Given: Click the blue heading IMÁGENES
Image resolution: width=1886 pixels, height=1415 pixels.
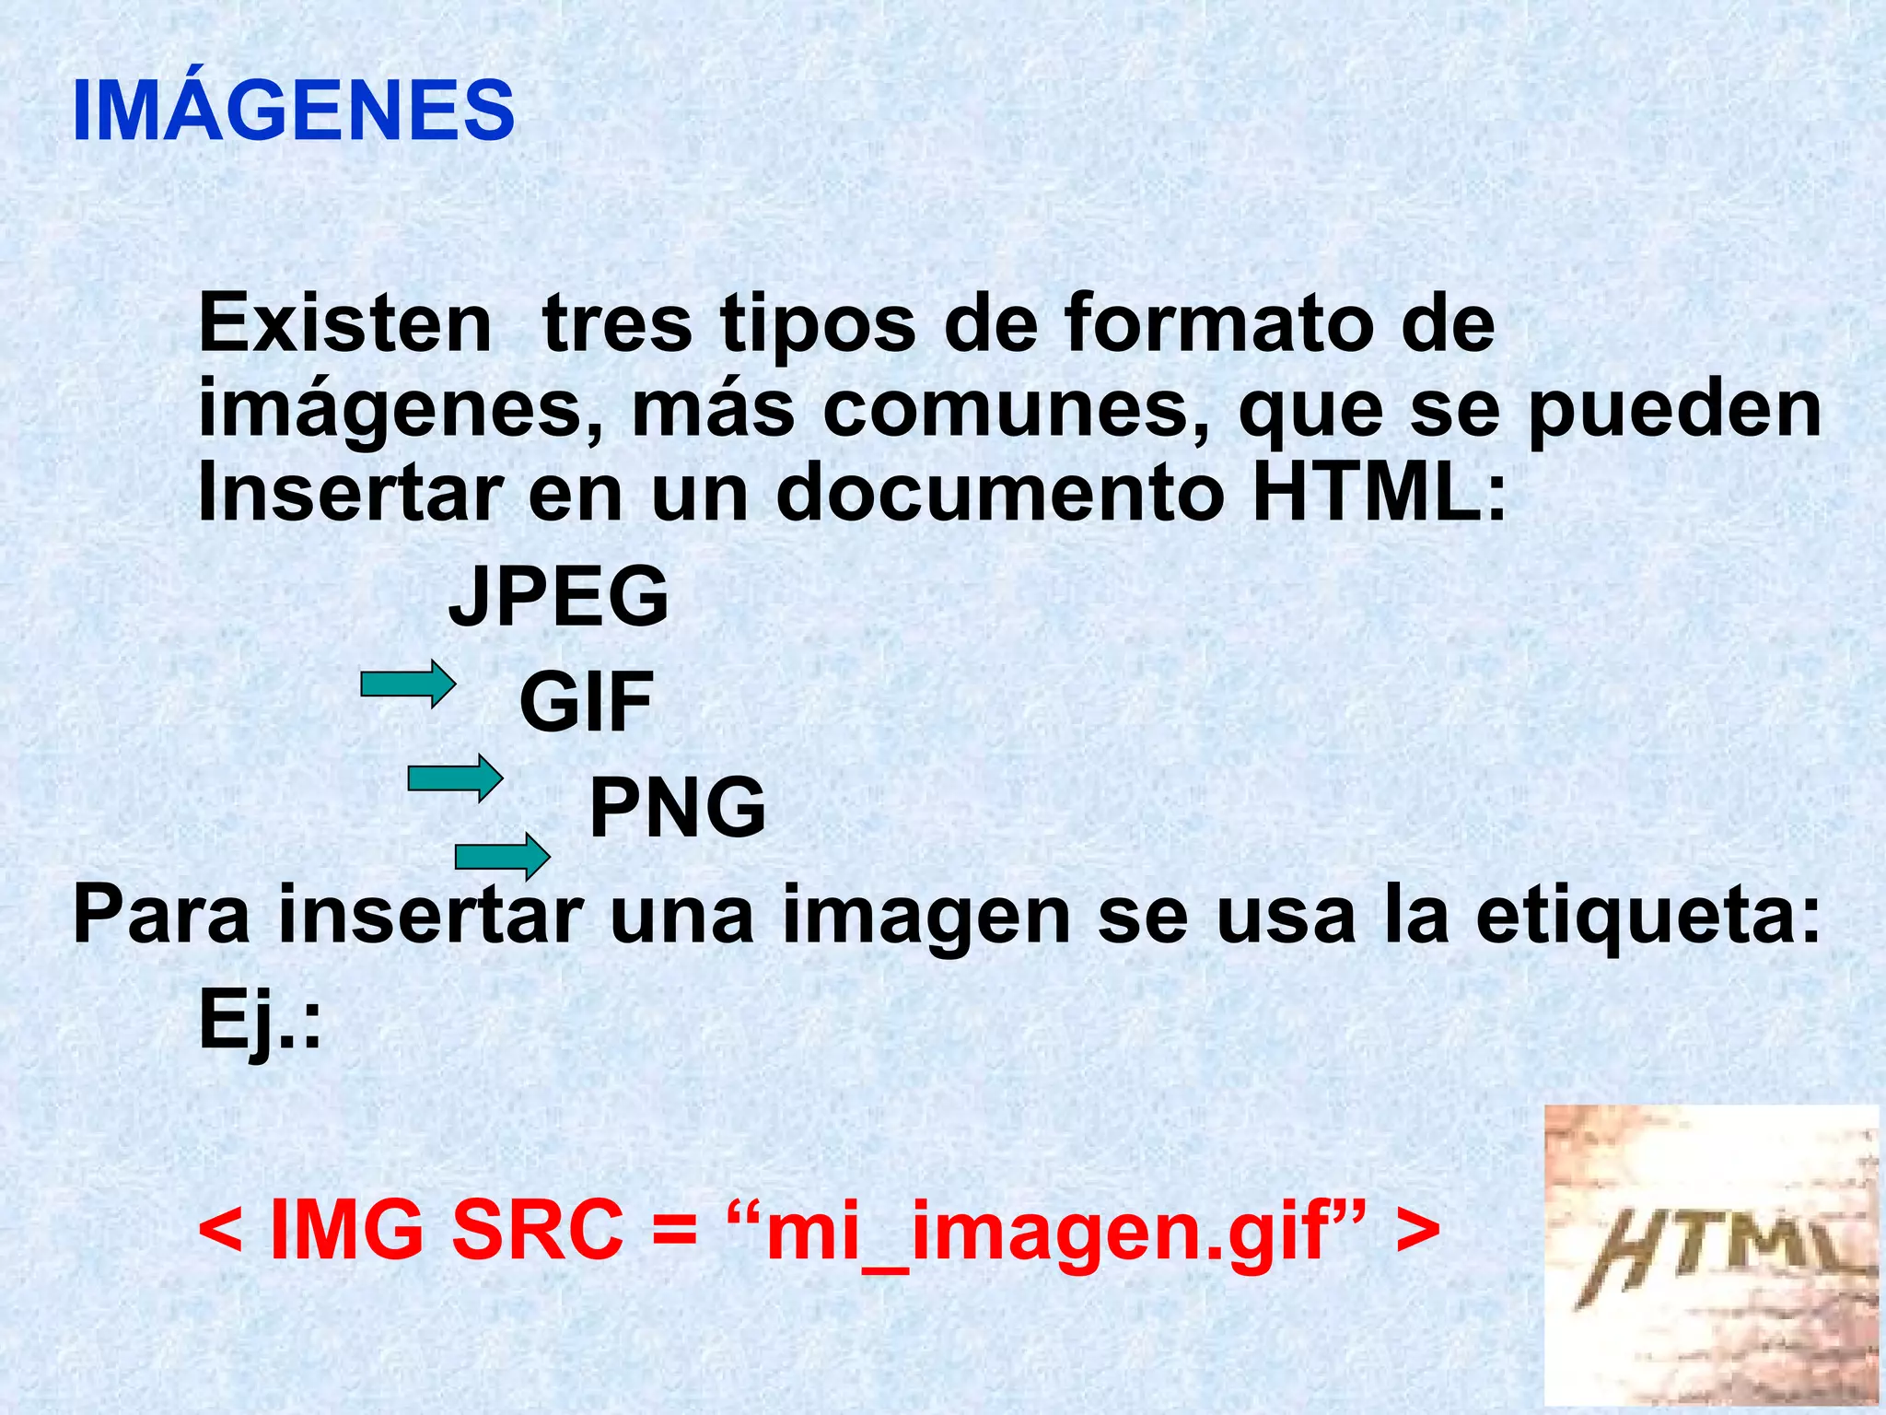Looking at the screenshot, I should [x=293, y=111].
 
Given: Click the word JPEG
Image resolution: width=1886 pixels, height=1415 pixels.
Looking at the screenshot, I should [x=558, y=596].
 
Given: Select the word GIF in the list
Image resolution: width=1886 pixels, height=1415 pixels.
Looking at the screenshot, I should [x=587, y=702].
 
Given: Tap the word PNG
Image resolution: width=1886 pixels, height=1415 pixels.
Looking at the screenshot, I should [x=677, y=807].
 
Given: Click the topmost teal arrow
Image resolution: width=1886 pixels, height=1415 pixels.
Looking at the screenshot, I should [x=408, y=684].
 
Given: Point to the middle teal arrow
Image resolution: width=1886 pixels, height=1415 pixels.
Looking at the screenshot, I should [x=455, y=778].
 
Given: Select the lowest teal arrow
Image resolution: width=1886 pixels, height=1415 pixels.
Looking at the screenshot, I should [x=502, y=858].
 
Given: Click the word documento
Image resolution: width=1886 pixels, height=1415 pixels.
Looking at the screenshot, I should [x=1000, y=493].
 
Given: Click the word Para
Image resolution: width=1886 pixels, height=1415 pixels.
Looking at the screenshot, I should [x=161, y=915].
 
